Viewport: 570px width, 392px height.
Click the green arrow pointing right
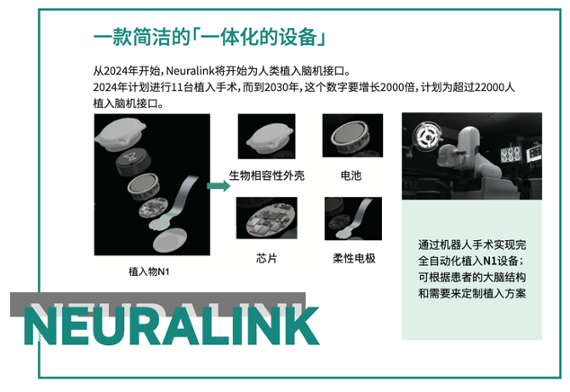point(218,186)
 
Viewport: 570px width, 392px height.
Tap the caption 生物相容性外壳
point(267,175)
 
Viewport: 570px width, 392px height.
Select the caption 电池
point(352,175)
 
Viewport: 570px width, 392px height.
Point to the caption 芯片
point(267,258)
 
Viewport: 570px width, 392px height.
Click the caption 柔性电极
point(354,258)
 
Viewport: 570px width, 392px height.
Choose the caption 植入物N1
point(149,272)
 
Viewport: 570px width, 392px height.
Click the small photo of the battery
point(352,135)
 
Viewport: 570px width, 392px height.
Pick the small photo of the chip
point(267,218)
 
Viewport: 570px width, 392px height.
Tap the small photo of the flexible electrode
point(353,218)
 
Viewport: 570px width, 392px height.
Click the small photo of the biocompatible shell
point(266,136)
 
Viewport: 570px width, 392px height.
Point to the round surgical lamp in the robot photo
point(428,137)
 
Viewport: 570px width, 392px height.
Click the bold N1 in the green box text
point(489,261)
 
